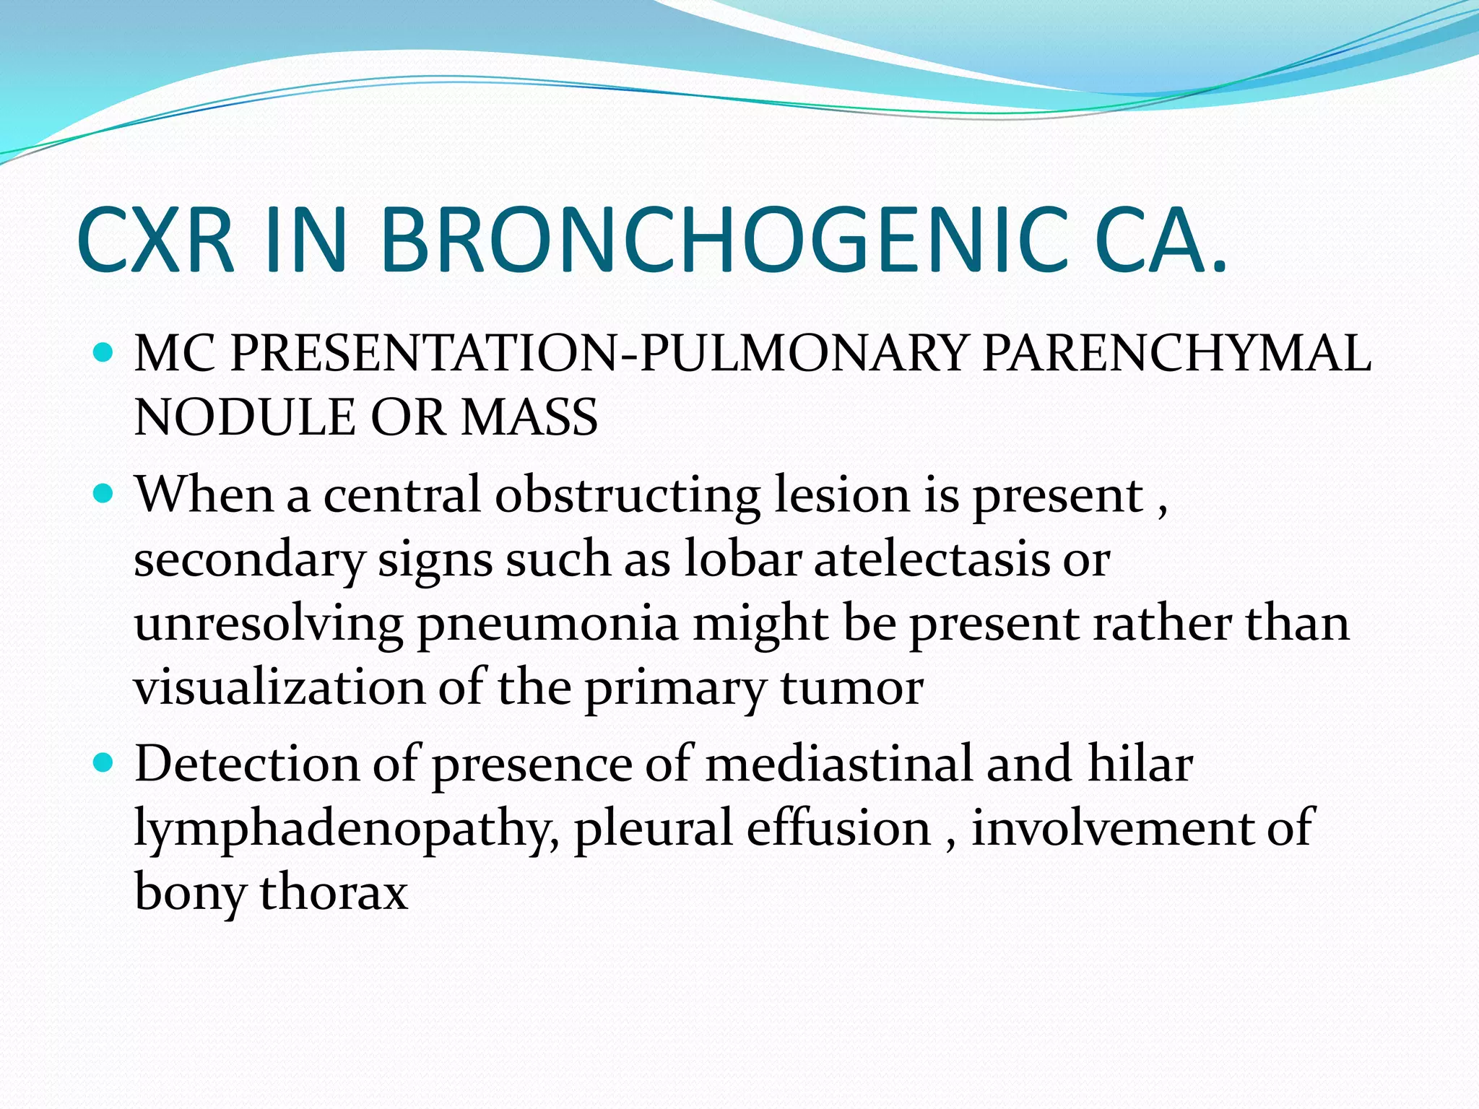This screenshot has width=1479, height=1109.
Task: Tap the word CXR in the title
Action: point(156,240)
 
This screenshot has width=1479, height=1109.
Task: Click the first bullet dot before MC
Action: point(104,353)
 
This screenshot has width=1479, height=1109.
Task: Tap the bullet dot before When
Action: point(104,494)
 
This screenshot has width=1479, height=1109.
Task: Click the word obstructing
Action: point(627,497)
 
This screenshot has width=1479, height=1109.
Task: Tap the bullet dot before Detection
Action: point(104,762)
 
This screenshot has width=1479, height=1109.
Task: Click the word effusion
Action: point(838,827)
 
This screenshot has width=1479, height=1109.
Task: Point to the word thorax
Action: point(334,892)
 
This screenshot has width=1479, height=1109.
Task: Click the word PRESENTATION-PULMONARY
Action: point(597,354)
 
